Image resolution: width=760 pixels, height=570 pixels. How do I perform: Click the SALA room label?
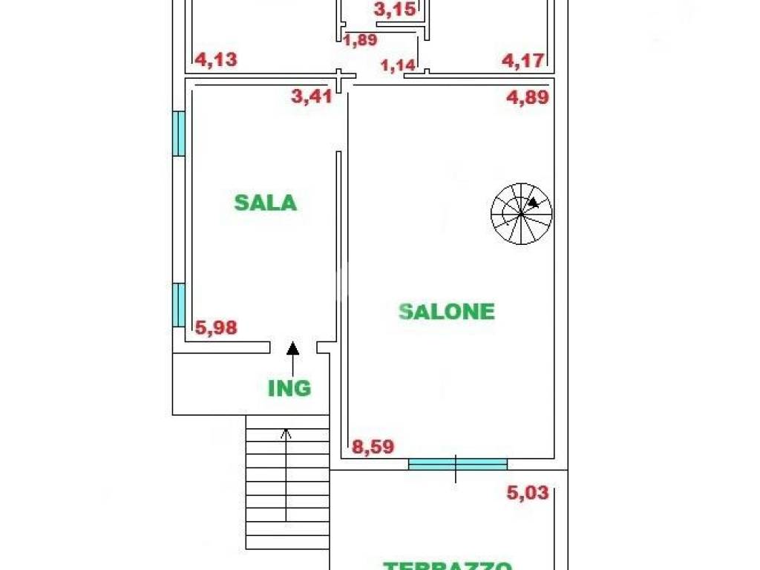[x=265, y=203]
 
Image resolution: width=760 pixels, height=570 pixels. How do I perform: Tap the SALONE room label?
[x=447, y=311]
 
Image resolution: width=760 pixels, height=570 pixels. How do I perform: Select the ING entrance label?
[x=289, y=387]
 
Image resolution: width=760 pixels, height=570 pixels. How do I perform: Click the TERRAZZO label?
[x=448, y=565]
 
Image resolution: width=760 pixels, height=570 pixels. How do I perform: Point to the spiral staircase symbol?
[x=521, y=214]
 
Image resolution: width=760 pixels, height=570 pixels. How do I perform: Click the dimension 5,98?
[x=216, y=327]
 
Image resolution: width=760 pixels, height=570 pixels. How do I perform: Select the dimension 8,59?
[x=373, y=447]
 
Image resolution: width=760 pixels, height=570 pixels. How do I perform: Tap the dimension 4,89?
[x=528, y=98]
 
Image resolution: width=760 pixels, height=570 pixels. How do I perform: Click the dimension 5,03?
[x=528, y=492]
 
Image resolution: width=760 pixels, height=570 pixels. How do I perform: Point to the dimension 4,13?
[x=215, y=59]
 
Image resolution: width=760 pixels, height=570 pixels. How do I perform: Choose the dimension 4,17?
[x=524, y=59]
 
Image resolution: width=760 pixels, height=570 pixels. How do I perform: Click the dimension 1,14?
[x=397, y=65]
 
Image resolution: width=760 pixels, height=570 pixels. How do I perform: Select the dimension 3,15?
[x=393, y=10]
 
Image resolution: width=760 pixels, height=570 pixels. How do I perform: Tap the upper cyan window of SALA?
[x=178, y=134]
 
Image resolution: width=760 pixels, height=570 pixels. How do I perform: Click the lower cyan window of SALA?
[x=178, y=304]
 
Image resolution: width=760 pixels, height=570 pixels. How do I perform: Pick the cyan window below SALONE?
[x=457, y=464]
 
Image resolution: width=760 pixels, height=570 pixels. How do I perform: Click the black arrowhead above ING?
[x=293, y=347]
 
